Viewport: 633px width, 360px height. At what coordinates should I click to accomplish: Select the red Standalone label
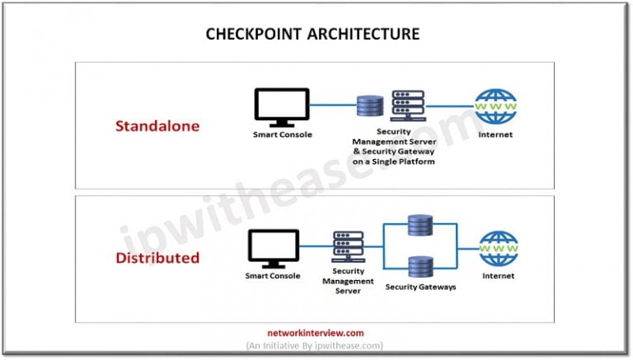click(157, 127)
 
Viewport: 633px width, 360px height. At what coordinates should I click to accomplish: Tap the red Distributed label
click(157, 257)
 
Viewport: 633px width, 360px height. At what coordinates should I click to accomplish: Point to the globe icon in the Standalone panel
click(495, 107)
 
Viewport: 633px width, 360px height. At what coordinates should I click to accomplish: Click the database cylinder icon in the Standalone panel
click(370, 107)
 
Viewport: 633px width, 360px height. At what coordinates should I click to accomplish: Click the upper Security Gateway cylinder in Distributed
click(420, 225)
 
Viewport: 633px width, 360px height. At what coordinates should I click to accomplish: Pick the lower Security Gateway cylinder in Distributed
click(420, 267)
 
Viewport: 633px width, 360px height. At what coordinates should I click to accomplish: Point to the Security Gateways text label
click(420, 287)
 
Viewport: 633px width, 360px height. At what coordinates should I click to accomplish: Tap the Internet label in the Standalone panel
click(495, 134)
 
